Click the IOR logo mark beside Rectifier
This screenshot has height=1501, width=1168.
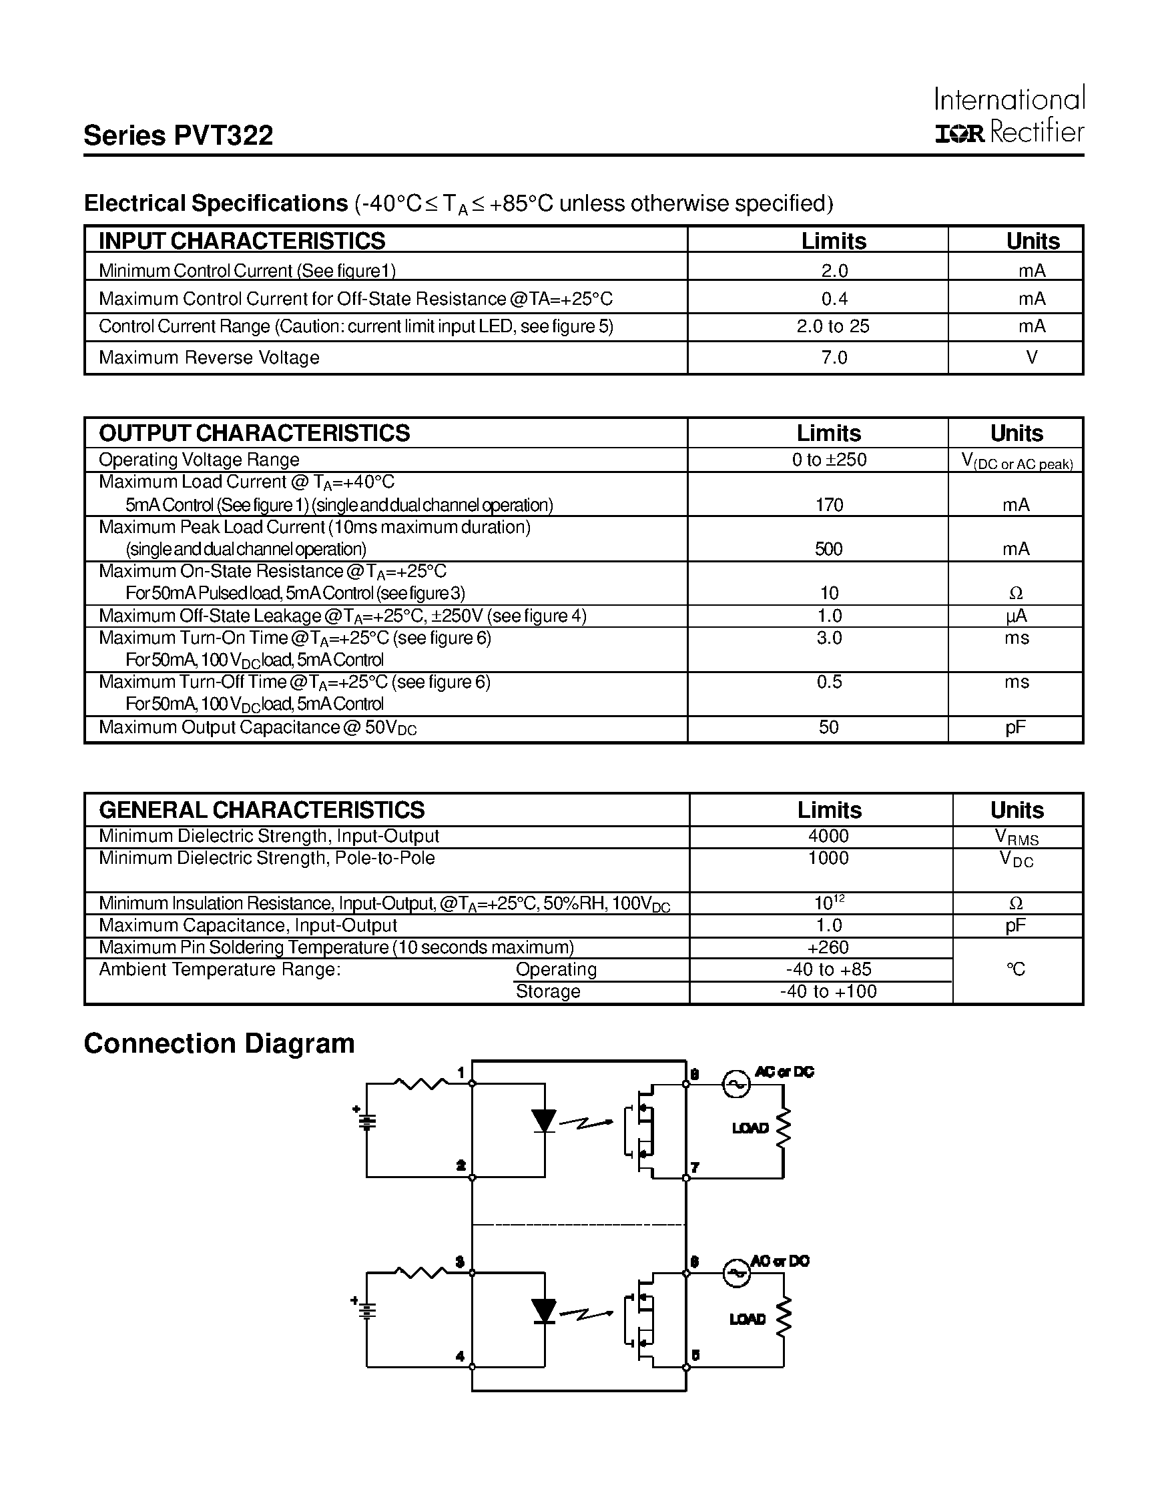point(960,133)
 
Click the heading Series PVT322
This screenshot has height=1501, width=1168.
point(178,135)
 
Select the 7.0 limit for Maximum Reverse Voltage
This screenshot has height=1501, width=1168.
point(834,358)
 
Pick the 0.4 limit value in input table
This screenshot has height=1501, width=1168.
point(834,298)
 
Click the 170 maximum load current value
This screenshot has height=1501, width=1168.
point(828,505)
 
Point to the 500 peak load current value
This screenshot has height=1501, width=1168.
point(828,549)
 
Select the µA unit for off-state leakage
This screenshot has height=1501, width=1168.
point(1016,616)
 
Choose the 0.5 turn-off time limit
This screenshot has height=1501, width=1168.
point(828,682)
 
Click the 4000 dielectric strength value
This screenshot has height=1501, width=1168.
point(828,836)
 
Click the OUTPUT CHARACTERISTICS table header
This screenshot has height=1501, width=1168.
point(254,433)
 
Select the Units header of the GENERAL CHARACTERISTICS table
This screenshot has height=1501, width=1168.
point(1016,810)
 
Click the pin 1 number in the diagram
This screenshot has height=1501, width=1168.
point(461,1073)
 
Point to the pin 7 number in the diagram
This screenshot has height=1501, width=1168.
point(695,1167)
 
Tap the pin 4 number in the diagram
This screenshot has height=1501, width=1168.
point(460,1356)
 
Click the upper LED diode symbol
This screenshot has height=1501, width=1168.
point(545,1121)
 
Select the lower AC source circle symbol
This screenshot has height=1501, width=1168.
point(736,1273)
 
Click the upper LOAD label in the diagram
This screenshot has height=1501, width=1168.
point(750,1128)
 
